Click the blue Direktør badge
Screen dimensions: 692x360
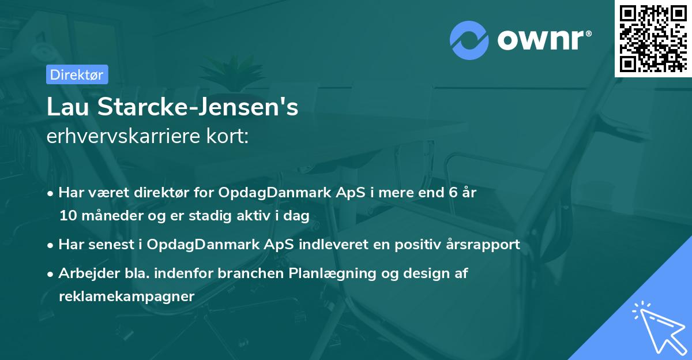click(77, 74)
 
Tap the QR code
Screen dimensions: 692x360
click(653, 38)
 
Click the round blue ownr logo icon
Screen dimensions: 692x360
click(469, 40)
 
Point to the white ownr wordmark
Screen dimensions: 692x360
click(544, 40)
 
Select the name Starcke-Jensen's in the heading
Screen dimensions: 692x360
click(198, 107)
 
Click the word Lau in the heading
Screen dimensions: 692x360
click(68, 107)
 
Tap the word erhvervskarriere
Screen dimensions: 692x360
click(123, 136)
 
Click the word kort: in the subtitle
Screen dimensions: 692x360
click(228, 136)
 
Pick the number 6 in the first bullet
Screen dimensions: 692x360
click(453, 192)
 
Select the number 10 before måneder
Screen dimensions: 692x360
click(68, 216)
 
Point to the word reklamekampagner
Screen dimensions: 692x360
click(127, 297)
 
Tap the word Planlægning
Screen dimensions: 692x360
click(332, 273)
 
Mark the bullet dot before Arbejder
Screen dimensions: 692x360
click(50, 274)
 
